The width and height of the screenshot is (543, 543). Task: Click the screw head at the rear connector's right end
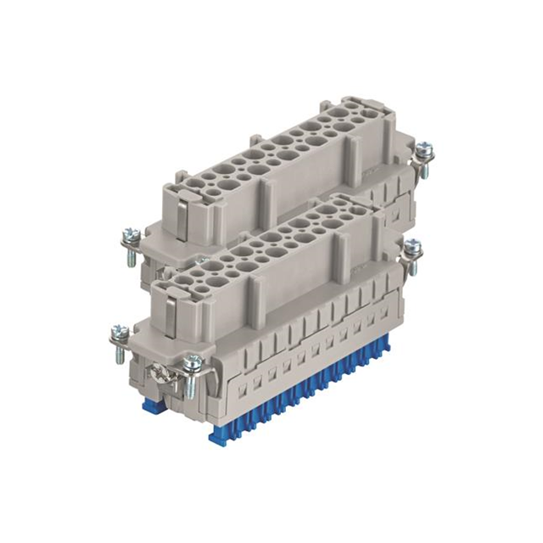424,150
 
